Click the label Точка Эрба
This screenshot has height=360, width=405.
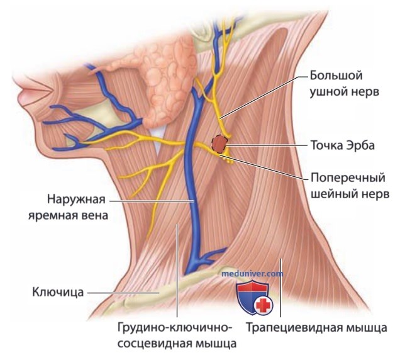tap(342, 145)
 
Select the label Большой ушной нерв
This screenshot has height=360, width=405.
tap(344, 84)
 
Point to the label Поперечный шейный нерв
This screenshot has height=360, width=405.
tap(350, 186)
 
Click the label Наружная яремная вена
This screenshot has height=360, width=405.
tap(68, 207)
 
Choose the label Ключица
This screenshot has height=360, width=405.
tap(58, 292)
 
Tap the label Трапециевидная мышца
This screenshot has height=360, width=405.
tap(316, 327)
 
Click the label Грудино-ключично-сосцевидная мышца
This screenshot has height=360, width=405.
tap(177, 335)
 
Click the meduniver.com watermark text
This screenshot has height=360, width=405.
tap(252, 273)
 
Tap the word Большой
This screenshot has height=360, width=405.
tap(336, 76)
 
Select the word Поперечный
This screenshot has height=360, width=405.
tap(348, 178)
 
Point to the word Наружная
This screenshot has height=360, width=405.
tap(76, 200)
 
